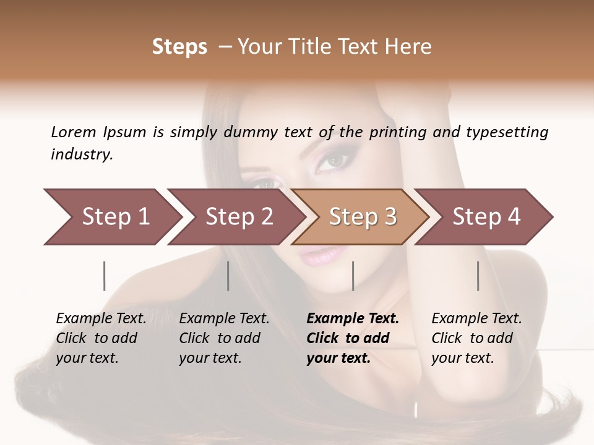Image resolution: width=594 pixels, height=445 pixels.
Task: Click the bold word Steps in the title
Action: click(179, 47)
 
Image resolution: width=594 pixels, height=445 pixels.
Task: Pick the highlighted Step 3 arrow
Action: click(363, 217)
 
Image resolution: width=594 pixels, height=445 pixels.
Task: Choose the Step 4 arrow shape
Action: click(486, 217)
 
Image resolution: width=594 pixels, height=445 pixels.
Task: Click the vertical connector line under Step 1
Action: click(105, 276)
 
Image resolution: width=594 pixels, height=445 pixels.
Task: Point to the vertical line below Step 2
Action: click(228, 276)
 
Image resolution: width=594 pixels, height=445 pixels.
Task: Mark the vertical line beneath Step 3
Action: click(353, 276)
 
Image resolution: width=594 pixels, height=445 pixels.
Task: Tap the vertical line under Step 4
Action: click(478, 276)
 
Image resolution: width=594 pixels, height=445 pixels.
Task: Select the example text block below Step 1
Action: click(101, 338)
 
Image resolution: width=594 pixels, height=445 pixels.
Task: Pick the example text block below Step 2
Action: click(224, 338)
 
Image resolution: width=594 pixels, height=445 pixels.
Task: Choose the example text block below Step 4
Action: click(476, 338)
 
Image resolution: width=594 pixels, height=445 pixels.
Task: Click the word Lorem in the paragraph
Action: click(73, 132)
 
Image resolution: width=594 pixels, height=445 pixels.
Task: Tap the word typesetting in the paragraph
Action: click(507, 132)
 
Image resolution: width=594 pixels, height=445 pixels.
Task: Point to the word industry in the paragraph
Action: click(82, 155)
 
